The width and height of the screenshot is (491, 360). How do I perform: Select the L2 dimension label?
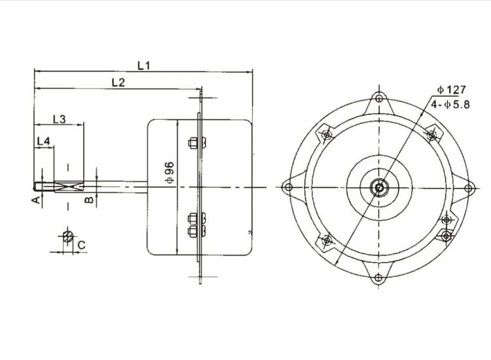point(118,82)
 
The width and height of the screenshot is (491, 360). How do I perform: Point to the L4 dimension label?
point(44,141)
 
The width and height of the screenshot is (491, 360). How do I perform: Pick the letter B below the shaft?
point(87,199)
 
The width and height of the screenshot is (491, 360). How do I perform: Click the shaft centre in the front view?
point(378,187)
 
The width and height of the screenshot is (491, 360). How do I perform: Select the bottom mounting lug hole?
point(378,277)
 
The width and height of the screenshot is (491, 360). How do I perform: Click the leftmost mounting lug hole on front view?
point(289,188)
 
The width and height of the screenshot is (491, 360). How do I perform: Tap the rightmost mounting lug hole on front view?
point(467,188)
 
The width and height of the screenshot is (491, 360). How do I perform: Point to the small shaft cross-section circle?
point(67,236)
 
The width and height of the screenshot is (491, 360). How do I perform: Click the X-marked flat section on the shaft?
point(68,187)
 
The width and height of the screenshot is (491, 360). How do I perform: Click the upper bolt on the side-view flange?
point(194,143)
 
